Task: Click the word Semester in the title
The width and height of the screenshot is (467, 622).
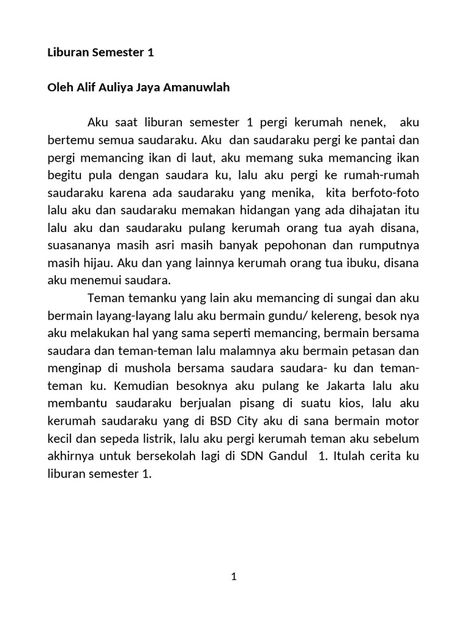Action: [117, 53]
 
